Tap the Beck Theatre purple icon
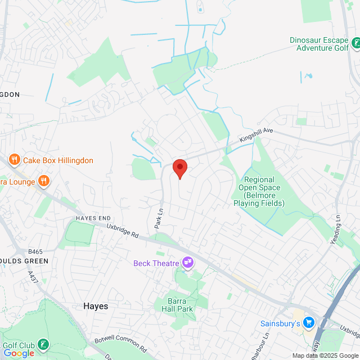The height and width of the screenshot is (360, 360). tap(187, 263)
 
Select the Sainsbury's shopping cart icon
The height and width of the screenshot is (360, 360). tap(308, 323)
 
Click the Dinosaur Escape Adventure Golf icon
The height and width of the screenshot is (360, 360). tap(356, 43)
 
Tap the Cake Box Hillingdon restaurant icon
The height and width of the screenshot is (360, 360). tap(15, 160)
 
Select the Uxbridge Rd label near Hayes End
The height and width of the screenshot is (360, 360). tap(123, 230)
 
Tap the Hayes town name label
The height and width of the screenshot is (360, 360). tap(96, 306)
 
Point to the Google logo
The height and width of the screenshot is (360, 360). tap(19, 353)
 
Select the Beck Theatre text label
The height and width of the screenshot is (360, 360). tap(155, 263)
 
